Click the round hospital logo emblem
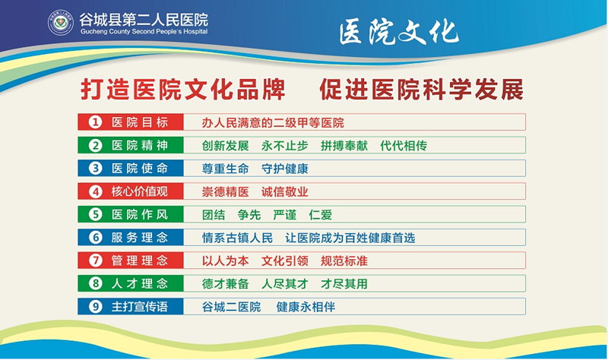point(60,23)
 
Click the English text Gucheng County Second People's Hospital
point(144,32)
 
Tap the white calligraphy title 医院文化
point(399,32)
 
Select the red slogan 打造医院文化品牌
point(183,90)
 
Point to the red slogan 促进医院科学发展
point(422,90)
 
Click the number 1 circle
point(96,122)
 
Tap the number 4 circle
point(96,191)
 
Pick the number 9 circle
point(96,307)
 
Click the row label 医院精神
point(140,145)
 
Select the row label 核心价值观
point(140,191)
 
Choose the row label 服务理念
point(140,238)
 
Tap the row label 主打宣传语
point(140,307)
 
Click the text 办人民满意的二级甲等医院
point(273,123)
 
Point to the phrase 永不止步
point(284,146)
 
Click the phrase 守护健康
point(284,169)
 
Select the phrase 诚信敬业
point(284,192)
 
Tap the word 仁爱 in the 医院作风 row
point(320,215)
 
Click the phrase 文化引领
point(284,261)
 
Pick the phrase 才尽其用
point(344,283)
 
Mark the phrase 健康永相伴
point(306,307)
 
